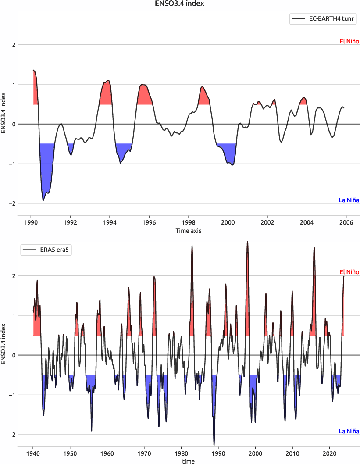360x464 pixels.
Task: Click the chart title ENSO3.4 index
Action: (x=180, y=4)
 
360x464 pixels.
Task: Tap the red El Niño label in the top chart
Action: (x=349, y=42)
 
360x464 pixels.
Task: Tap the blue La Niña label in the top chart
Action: (x=349, y=200)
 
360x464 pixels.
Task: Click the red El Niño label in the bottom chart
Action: (x=349, y=272)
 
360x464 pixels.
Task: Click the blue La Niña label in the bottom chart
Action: (x=349, y=431)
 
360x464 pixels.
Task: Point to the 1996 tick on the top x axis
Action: (x=149, y=222)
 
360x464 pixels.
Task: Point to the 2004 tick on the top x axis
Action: (x=307, y=222)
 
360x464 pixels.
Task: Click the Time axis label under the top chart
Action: (x=189, y=230)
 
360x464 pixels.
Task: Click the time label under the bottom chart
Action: (x=189, y=461)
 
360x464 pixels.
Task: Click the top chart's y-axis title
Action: (x=4, y=113)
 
